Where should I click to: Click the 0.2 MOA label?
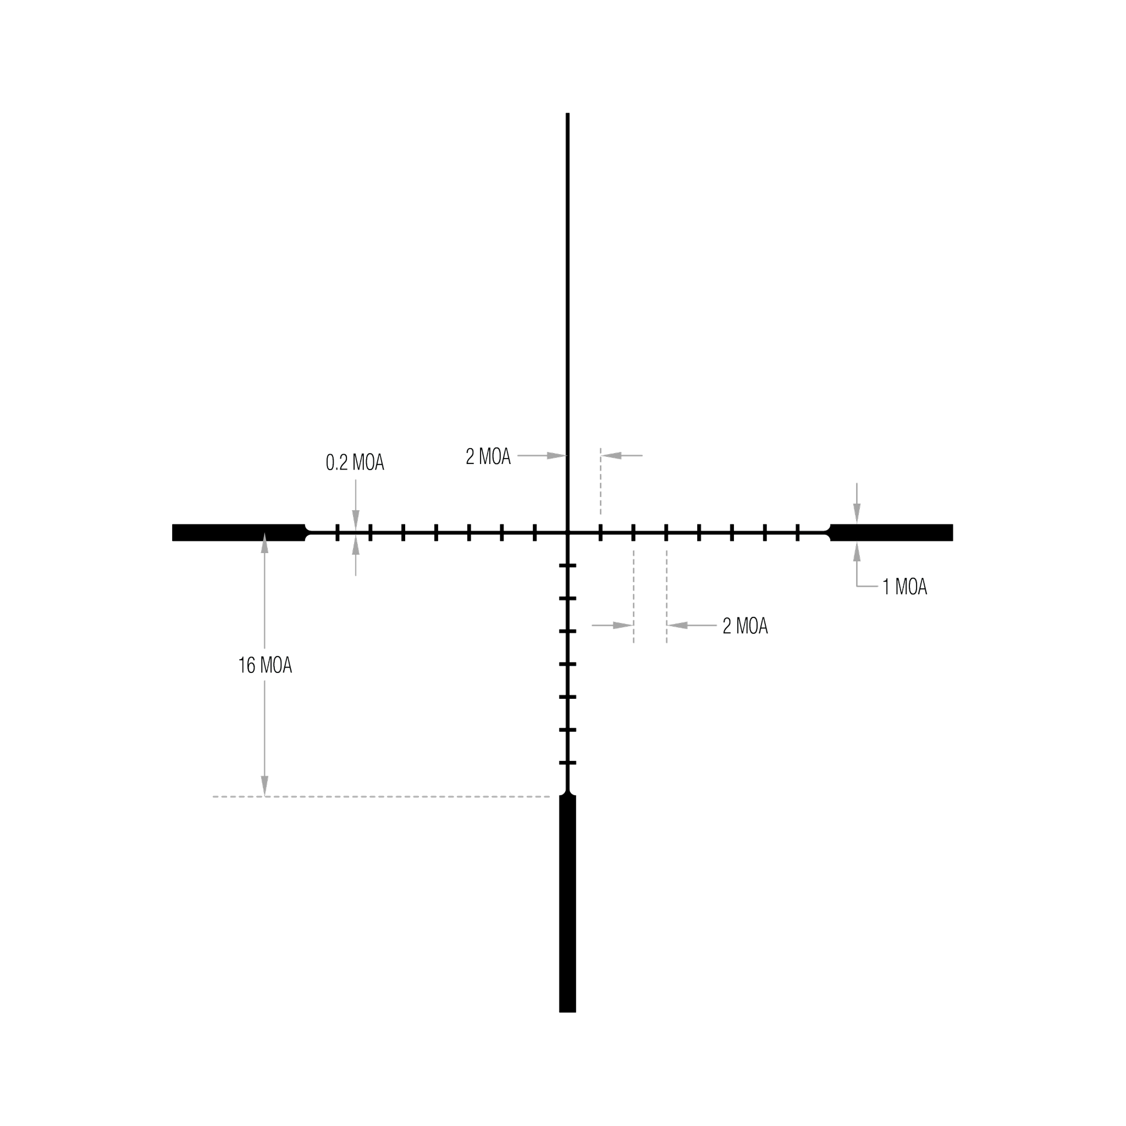point(355,462)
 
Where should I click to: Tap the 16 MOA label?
point(265,665)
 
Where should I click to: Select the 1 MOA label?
point(904,587)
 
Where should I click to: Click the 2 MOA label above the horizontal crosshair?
point(488,456)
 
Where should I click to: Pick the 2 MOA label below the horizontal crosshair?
point(746,626)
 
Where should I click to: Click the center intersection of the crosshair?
point(567,533)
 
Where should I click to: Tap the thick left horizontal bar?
point(239,533)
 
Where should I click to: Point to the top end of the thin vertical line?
point(567,113)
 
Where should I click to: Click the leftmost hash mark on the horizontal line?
point(338,533)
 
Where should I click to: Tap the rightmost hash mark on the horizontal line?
point(798,533)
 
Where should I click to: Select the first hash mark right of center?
point(600,533)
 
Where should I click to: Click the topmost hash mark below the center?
point(567,565)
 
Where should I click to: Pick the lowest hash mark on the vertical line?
point(567,763)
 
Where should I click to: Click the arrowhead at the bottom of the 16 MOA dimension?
point(264,786)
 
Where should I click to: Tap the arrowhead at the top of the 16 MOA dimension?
point(264,543)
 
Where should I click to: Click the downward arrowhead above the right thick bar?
point(857,514)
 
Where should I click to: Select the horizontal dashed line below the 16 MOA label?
point(381,797)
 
